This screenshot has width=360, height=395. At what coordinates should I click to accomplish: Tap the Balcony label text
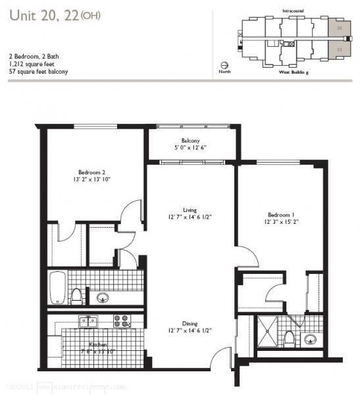[191, 140]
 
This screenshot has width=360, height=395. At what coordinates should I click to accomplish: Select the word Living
[190, 210]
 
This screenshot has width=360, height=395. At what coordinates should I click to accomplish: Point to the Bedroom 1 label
[281, 215]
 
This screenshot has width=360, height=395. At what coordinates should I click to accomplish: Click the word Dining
[190, 323]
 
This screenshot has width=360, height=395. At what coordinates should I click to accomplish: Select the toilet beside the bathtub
[77, 296]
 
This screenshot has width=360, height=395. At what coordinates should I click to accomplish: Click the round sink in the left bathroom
[102, 298]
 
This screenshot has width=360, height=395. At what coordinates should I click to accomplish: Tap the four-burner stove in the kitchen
[121, 321]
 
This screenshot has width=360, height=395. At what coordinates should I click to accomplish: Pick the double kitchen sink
[88, 321]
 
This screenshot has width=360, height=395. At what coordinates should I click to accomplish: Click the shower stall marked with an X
[267, 332]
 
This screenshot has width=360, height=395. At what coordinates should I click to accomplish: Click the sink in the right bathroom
[310, 340]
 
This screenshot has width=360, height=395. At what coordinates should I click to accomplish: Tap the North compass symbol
[225, 66]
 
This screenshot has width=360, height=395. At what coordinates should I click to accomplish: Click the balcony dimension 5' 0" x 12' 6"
[191, 148]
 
